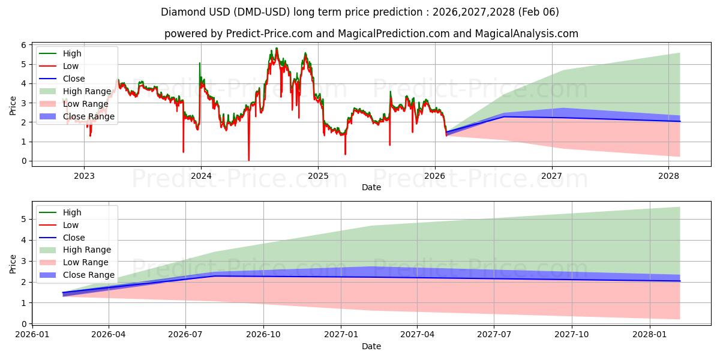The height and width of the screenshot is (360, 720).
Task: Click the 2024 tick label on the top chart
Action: (200, 176)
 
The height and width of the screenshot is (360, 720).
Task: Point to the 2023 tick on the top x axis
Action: (84, 176)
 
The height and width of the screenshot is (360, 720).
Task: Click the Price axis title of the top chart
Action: (13, 105)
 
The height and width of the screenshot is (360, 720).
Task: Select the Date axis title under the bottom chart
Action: (371, 346)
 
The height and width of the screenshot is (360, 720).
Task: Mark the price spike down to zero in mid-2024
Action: (249, 159)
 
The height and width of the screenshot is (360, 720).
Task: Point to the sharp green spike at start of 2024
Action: (200, 64)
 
